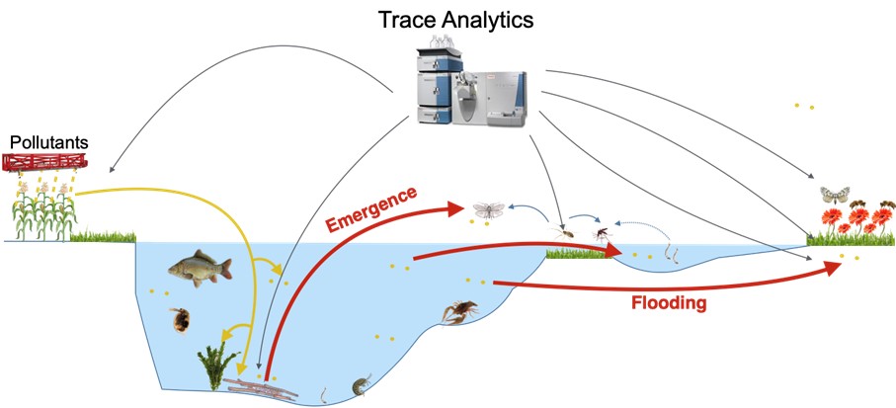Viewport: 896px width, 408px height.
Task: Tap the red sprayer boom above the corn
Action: [45, 162]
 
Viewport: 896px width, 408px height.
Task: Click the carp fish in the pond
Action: [200, 265]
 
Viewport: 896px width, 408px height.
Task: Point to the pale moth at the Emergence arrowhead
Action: [489, 209]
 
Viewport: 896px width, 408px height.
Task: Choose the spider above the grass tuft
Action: [566, 234]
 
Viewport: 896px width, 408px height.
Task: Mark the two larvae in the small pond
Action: [672, 254]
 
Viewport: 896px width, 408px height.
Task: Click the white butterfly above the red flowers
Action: [836, 194]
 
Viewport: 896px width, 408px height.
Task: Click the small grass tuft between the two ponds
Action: [580, 254]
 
